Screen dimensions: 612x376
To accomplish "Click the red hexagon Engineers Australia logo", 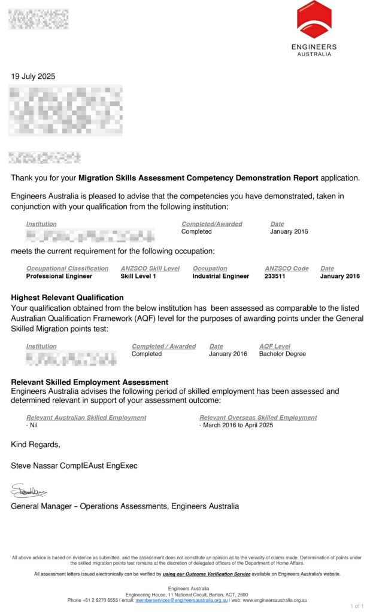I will (x=314, y=19).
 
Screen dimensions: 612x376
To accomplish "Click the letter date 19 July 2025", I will (x=33, y=76).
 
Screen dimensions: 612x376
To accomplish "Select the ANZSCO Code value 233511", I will (x=278, y=276).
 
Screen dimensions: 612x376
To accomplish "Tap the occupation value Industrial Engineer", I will (x=220, y=276).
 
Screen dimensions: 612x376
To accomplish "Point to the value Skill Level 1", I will (x=138, y=276).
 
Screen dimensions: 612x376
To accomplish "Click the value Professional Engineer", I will (x=59, y=276).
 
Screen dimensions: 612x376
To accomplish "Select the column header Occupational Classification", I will (x=67, y=268).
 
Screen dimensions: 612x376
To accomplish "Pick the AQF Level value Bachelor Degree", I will (x=282, y=354).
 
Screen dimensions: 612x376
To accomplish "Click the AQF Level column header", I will (x=274, y=346).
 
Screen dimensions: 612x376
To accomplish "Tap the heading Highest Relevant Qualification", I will (x=67, y=298).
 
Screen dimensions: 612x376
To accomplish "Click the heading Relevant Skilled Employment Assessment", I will (x=89, y=382).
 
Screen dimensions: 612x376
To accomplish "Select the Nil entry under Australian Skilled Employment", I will (x=32, y=425).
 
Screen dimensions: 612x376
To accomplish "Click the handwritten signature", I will (x=29, y=491).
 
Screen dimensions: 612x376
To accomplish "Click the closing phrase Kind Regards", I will (x=35, y=444).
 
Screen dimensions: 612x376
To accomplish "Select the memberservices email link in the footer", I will (x=181, y=600).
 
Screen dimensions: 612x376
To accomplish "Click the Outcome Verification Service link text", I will (x=207, y=574).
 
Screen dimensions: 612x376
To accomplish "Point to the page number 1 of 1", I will (x=356, y=606).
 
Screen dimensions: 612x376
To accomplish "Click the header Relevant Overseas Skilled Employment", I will (x=258, y=417).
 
